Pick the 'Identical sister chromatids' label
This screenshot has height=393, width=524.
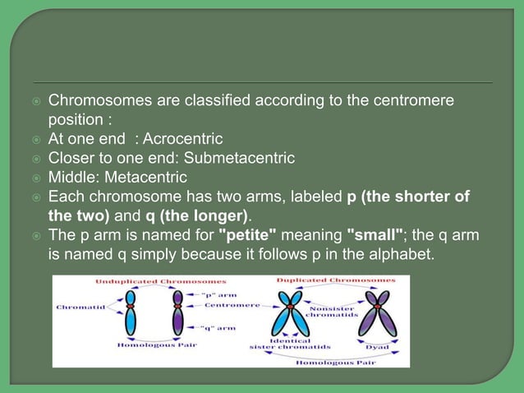tap(279, 344)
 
